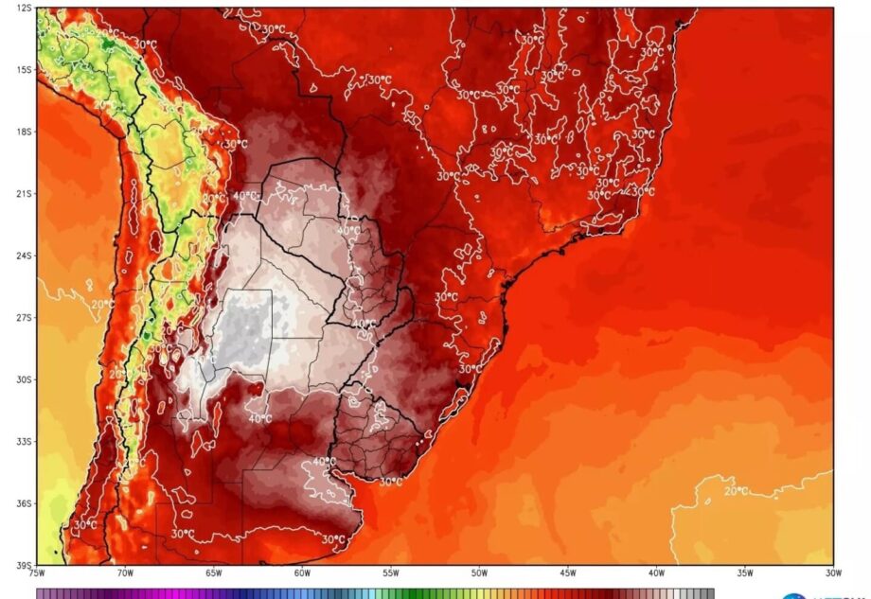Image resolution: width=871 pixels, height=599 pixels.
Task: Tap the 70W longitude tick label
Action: [125, 573]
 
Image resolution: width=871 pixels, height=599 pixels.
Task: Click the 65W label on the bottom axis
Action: [213, 573]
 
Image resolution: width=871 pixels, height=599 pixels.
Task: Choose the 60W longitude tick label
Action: [302, 573]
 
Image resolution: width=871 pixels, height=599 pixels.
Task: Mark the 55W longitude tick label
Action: [390, 573]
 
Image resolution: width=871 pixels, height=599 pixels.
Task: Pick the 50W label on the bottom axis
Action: [479, 573]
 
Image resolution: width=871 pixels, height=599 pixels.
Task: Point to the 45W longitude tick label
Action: [567, 573]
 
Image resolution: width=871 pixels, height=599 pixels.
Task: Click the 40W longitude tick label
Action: [656, 573]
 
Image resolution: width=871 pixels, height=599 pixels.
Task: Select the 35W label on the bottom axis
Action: [744, 573]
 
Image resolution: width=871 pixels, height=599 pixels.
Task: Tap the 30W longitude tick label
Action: [831, 573]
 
